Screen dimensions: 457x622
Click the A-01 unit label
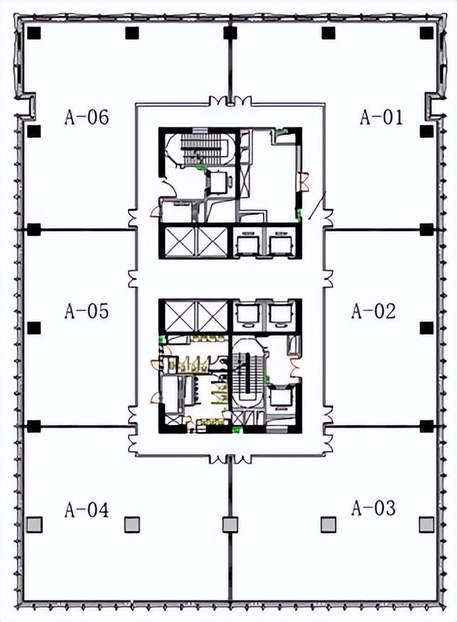(x=381, y=118)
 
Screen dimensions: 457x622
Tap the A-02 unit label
(x=373, y=311)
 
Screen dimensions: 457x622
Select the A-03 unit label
(x=373, y=508)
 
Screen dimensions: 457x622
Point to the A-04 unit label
(x=86, y=509)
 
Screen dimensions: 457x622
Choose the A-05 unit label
(x=86, y=311)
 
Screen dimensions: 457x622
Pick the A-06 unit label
(x=86, y=118)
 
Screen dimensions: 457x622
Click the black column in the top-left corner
(x=34, y=33)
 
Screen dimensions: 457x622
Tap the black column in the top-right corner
(x=427, y=33)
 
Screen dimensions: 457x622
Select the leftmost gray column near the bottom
(x=34, y=524)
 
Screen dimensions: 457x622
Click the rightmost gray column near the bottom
(x=427, y=524)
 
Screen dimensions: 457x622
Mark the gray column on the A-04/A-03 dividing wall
(x=230, y=524)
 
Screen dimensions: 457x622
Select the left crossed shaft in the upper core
(x=179, y=241)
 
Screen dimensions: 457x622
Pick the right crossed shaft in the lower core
(x=212, y=316)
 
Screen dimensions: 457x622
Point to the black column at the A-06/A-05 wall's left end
(x=34, y=229)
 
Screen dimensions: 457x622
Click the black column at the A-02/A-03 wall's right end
(x=427, y=426)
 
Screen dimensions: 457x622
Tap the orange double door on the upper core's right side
(x=304, y=181)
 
